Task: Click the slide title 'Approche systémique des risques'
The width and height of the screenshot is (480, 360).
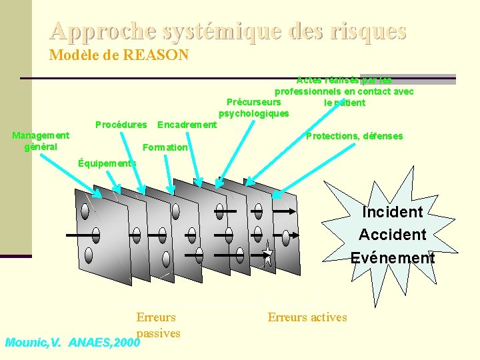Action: click(227, 31)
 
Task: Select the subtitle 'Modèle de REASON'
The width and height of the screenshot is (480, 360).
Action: click(119, 55)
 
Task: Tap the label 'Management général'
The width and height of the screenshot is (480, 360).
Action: click(41, 141)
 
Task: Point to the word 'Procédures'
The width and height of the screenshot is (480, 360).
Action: click(121, 125)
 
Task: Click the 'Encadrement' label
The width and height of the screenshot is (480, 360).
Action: click(187, 125)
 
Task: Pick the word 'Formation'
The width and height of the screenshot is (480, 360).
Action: click(165, 147)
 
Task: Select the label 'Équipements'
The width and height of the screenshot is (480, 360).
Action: click(107, 163)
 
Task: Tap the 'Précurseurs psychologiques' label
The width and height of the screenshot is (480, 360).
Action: click(254, 108)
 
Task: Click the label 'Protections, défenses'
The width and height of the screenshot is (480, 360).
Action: click(354, 136)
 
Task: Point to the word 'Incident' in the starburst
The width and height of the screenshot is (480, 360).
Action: click(393, 212)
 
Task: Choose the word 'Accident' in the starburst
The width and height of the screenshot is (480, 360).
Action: click(392, 235)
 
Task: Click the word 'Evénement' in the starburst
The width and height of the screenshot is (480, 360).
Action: click(393, 257)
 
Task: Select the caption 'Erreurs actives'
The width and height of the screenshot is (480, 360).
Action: click(307, 317)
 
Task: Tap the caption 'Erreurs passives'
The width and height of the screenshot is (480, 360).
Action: click(157, 325)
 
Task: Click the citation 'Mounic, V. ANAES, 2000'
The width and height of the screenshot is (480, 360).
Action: click(73, 343)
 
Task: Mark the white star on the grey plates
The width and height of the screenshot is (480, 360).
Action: click(267, 254)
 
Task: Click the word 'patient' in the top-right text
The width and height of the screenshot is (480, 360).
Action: click(345, 103)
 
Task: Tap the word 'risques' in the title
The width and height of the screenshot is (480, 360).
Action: click(374, 31)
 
